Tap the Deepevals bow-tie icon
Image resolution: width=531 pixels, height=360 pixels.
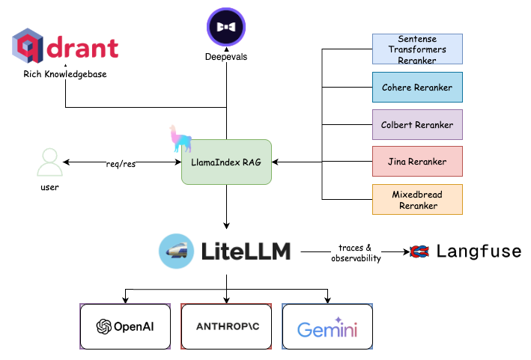[x=226, y=28]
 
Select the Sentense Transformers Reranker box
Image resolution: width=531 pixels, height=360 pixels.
[x=417, y=49]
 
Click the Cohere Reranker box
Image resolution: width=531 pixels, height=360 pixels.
[x=417, y=88]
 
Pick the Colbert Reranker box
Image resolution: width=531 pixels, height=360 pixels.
[x=417, y=124]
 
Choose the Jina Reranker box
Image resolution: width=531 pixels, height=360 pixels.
[x=417, y=162]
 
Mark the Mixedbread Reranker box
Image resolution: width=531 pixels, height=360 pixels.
[x=417, y=200]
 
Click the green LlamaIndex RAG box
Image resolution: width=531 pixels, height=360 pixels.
[x=226, y=162]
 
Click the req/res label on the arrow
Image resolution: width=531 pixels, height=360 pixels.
[x=120, y=163]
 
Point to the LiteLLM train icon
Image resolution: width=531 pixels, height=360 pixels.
[x=177, y=251]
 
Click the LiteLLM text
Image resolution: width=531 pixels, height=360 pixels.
[x=246, y=251]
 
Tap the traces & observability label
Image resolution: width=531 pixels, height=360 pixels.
[x=355, y=252]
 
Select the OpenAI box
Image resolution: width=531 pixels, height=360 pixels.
[x=125, y=326]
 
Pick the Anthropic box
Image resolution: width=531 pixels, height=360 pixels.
[x=226, y=326]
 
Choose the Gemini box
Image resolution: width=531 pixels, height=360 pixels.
[x=327, y=327]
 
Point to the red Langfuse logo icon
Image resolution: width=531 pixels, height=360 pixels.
[x=419, y=252]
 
